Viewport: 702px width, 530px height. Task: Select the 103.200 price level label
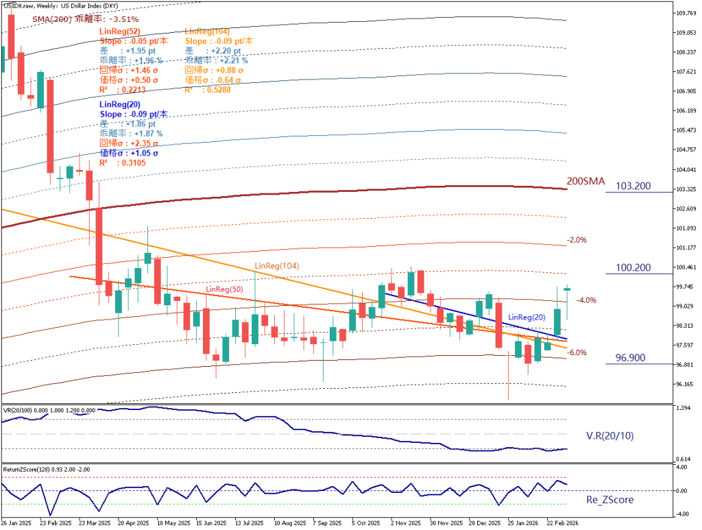pos(633,186)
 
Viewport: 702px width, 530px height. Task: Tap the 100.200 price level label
pos(633,267)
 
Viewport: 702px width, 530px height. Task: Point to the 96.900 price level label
pos(631,358)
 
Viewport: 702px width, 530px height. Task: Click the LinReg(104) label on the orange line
pos(277,265)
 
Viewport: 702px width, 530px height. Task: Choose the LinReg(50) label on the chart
pos(225,290)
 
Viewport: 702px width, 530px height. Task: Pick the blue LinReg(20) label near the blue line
pos(528,317)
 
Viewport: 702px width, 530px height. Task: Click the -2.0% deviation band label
pos(577,240)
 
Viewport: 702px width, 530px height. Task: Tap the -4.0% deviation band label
pos(586,300)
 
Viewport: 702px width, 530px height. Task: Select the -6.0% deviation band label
pos(577,352)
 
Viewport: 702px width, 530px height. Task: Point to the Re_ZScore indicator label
pos(610,500)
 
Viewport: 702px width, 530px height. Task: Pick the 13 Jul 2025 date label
pos(250,522)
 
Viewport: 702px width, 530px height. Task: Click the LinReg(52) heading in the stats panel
pos(120,32)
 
